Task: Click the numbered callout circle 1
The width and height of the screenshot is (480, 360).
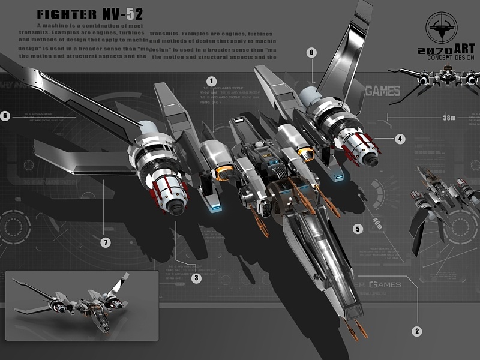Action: [x=212, y=80]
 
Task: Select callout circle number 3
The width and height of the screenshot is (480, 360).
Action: [x=197, y=278]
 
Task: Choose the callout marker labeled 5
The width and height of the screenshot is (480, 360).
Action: [x=358, y=229]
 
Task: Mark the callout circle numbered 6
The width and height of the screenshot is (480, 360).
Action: [x=5, y=116]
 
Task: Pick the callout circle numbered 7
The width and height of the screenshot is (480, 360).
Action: [x=106, y=243]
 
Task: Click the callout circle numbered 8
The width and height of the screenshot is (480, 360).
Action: [x=311, y=52]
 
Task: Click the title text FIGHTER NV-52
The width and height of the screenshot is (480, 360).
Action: [x=89, y=14]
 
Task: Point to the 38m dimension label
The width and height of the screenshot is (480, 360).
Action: [x=449, y=118]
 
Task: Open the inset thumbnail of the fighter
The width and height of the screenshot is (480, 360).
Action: [x=82, y=305]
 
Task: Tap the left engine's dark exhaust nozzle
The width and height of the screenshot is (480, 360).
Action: [x=176, y=206]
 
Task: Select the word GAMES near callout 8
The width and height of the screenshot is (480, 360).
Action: [x=382, y=91]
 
